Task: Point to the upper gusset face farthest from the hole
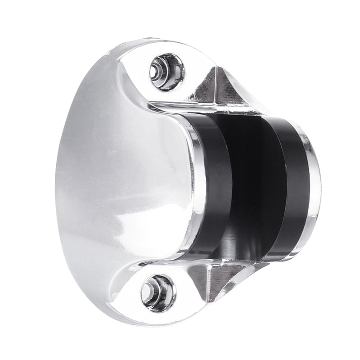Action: click(x=234, y=92)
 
